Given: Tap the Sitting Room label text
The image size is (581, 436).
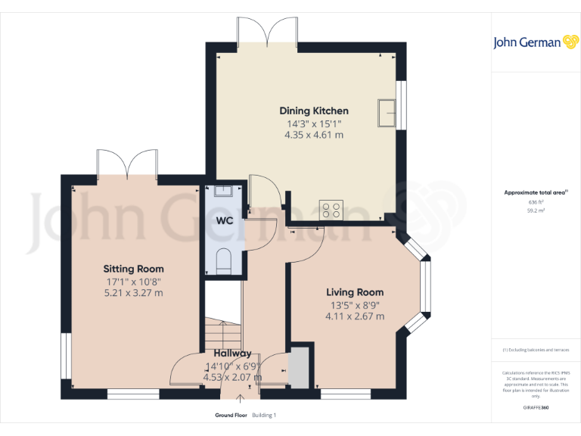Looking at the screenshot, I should [133, 269].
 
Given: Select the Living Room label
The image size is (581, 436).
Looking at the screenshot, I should [355, 292].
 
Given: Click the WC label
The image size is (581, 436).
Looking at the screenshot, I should [225, 221].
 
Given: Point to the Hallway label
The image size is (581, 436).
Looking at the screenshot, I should [232, 353].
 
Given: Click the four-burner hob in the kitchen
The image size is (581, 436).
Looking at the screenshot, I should [331, 209].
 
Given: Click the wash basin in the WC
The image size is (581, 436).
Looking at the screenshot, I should [224, 191].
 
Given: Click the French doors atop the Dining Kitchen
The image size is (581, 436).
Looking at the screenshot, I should [266, 30].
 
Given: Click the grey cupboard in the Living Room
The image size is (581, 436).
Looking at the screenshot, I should [300, 368].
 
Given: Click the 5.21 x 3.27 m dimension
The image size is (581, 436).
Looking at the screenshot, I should [133, 292].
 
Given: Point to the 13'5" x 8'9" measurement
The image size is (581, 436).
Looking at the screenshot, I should [355, 305].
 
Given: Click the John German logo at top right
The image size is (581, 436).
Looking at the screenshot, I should [536, 42].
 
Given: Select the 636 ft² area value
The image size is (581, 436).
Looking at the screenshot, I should [536, 202].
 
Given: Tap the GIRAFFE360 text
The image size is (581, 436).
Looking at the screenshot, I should [536, 408].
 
